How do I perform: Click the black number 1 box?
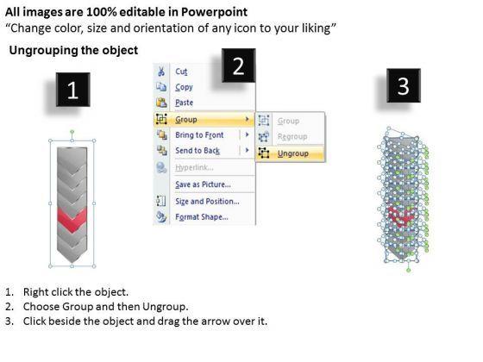(73, 90)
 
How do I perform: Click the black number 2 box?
(238, 66)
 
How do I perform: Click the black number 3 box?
(404, 85)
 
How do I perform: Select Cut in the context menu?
(181, 72)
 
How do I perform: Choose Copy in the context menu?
(184, 87)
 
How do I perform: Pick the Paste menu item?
(185, 103)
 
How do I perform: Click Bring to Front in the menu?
(199, 134)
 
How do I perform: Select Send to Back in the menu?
(198, 151)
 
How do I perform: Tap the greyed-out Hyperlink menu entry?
(194, 167)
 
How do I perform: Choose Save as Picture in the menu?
(203, 184)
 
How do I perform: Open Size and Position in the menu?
(207, 202)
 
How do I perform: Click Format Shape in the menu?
(202, 216)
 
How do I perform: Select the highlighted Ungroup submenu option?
(292, 153)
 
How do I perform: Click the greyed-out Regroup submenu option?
(292, 136)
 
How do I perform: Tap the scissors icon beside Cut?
(160, 71)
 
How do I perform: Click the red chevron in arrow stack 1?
(72, 220)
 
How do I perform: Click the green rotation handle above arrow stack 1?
(72, 132)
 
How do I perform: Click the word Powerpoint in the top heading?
(214, 12)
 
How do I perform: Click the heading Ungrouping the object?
(73, 50)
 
